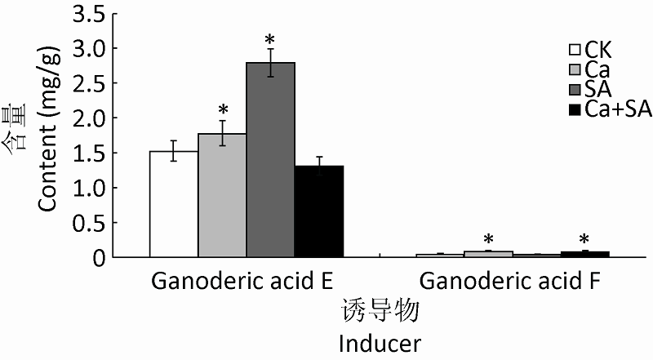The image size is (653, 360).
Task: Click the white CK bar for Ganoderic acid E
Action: tap(174, 204)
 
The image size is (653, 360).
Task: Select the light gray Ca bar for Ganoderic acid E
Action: tap(222, 196)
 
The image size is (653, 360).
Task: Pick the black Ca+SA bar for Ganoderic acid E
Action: tap(318, 211)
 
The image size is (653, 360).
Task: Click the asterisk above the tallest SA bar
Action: tap(270, 39)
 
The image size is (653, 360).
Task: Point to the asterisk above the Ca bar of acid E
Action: tap(222, 109)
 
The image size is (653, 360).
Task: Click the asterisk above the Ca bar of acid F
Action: tap(488, 239)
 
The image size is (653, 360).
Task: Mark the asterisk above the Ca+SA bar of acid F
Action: tap(584, 239)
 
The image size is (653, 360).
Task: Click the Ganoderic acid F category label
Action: tap(512, 281)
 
